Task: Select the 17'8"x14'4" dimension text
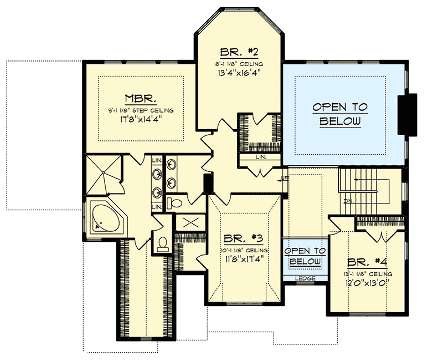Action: (141, 119)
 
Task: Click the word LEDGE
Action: (306, 278)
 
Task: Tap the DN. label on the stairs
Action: (348, 200)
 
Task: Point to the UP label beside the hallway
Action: (285, 178)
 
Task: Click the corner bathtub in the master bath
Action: (107, 218)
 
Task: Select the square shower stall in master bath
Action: (102, 174)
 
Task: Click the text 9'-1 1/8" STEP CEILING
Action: (141, 110)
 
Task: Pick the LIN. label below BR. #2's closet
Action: (260, 157)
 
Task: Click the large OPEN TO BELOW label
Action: (340, 114)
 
